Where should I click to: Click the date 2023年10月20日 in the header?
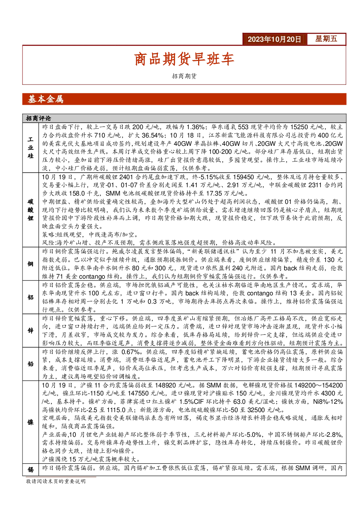pyautogui.click(x=274, y=39)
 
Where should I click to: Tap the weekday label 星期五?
pyautogui.click(x=326, y=39)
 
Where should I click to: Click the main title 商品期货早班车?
pyautogui.click(x=184, y=59)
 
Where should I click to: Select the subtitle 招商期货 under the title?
pyautogui.click(x=184, y=76)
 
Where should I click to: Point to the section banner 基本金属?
pyautogui.click(x=45, y=99)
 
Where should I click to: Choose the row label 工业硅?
pyautogui.click(x=30, y=148)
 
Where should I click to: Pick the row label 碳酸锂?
pyautogui.click(x=30, y=210)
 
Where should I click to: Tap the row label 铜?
pyautogui.click(x=30, y=264)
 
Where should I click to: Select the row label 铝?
pyautogui.click(x=30, y=297)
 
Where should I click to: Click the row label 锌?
pyautogui.click(x=30, y=331)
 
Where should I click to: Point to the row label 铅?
pyautogui.click(x=30, y=364)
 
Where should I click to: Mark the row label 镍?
pyautogui.click(x=30, y=422)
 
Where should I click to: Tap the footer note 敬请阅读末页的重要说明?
pyautogui.click(x=56, y=481)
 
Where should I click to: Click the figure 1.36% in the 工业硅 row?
pyautogui.click(x=196, y=127)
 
